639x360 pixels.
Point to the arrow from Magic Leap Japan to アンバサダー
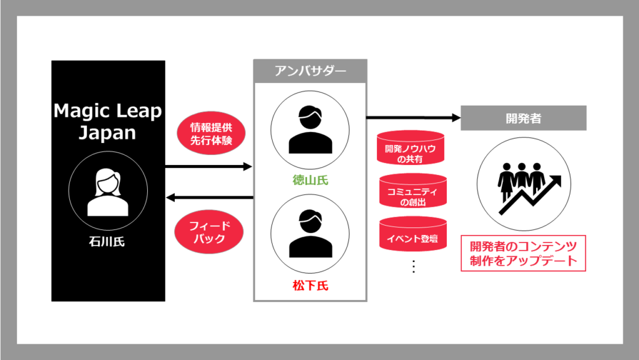[x=208, y=167]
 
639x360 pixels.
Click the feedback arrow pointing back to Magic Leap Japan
[x=208, y=198]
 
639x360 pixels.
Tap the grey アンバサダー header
[x=310, y=70]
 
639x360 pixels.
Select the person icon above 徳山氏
[x=310, y=128]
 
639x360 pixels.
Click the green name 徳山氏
[x=310, y=181]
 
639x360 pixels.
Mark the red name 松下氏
[x=310, y=287]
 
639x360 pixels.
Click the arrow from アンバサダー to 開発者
[x=412, y=117]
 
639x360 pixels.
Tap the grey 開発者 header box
[x=523, y=117]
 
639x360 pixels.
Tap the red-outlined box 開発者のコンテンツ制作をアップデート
[x=523, y=252]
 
